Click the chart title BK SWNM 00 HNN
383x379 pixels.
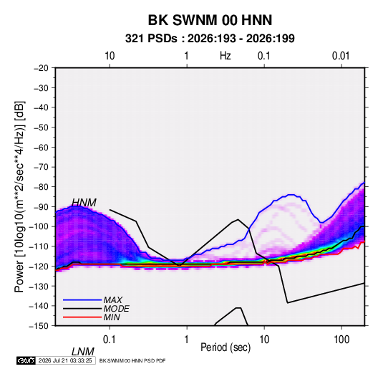(x=210, y=20)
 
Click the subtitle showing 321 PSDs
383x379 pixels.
(x=210, y=39)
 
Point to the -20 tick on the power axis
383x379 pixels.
(x=41, y=68)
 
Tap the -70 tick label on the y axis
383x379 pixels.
(x=41, y=167)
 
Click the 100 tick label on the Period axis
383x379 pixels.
(x=341, y=340)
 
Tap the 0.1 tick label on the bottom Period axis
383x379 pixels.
(x=110, y=340)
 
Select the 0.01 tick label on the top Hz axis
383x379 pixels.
(x=341, y=56)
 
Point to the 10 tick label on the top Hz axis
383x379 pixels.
(x=110, y=56)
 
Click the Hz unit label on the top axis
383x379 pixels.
(x=226, y=56)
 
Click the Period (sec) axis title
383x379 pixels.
(x=226, y=347)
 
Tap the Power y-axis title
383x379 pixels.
(x=19, y=196)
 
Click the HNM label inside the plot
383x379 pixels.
(x=84, y=203)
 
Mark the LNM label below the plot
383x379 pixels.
(x=83, y=352)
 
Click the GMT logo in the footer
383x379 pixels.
(x=26, y=360)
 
